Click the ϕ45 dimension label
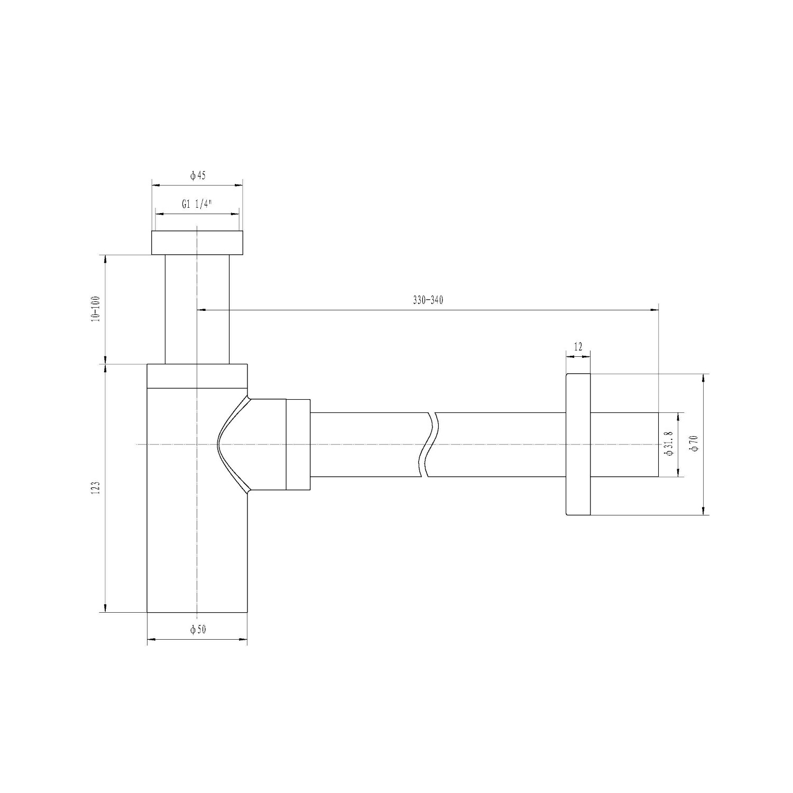[x=198, y=176]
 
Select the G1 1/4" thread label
[x=196, y=205]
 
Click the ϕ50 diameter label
[x=198, y=629]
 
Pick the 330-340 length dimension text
[x=428, y=300]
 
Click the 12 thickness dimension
[x=578, y=347]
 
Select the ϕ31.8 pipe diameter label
[x=669, y=444]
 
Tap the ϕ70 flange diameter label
[x=694, y=443]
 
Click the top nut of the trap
[x=197, y=243]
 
